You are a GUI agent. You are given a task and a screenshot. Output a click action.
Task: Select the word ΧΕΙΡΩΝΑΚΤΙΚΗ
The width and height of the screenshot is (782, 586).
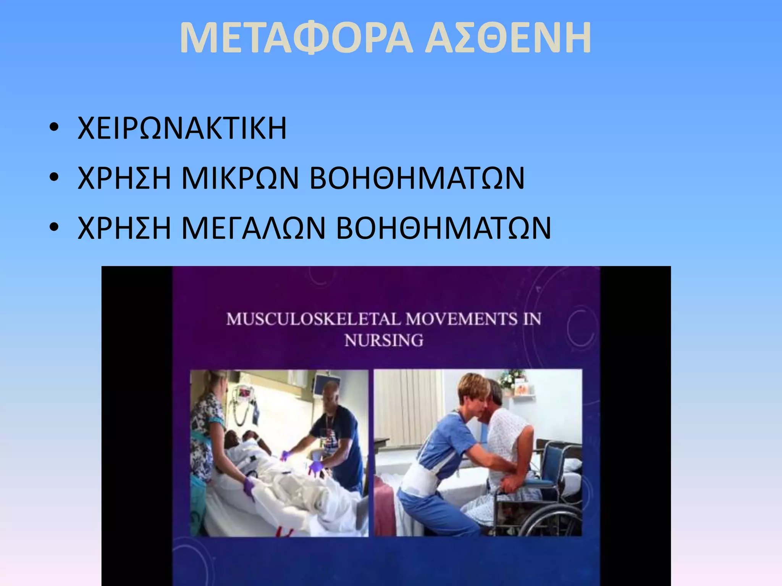pyautogui.click(x=182, y=128)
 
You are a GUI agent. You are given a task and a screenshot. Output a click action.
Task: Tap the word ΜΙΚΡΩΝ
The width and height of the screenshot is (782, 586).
pyautogui.click(x=240, y=178)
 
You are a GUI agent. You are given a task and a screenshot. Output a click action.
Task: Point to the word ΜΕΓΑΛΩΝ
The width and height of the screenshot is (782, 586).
pyautogui.click(x=253, y=228)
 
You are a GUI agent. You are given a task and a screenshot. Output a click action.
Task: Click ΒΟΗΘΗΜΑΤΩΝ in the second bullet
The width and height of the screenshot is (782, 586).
pyautogui.click(x=417, y=178)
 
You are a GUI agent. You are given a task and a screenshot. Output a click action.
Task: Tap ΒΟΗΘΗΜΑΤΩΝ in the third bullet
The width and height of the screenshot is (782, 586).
pyautogui.click(x=444, y=228)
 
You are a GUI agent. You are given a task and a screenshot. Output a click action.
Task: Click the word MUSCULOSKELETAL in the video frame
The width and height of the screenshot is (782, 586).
pyautogui.click(x=314, y=319)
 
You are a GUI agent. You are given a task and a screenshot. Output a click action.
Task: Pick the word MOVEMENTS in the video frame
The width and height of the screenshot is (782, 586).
pyautogui.click(x=461, y=319)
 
